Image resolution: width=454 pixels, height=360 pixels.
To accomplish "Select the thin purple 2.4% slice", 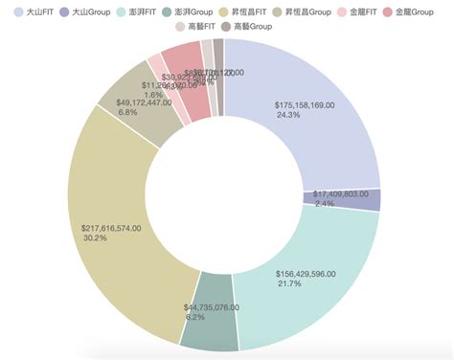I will tap(369, 200).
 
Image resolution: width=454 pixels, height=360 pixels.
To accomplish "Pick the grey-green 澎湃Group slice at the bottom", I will tap(209, 326).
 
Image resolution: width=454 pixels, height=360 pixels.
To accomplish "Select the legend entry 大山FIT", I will tap(34, 11).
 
